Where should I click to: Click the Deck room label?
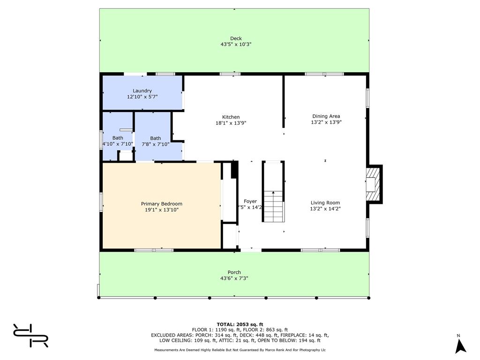click(x=236, y=38)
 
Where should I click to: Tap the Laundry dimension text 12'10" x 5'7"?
click(x=142, y=97)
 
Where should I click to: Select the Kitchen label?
click(x=231, y=117)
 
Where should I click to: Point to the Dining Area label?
click(x=326, y=116)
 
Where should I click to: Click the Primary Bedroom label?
click(x=162, y=204)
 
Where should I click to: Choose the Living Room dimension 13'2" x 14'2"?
click(x=325, y=209)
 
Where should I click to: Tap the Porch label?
click(x=234, y=272)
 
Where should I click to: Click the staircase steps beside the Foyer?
click(x=274, y=206)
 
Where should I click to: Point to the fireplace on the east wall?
click(x=374, y=184)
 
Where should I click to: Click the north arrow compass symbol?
click(x=460, y=346)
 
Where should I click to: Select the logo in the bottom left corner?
click(x=30, y=336)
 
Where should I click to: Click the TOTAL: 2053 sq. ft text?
click(x=240, y=324)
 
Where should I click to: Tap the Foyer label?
click(x=250, y=202)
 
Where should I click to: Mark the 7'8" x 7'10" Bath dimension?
click(x=156, y=144)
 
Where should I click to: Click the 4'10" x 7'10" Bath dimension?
click(x=118, y=144)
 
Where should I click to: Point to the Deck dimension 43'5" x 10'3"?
click(x=236, y=45)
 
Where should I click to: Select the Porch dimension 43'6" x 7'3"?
click(x=234, y=278)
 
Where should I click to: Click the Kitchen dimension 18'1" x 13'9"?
click(x=231, y=123)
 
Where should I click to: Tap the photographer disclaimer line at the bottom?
click(x=240, y=350)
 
